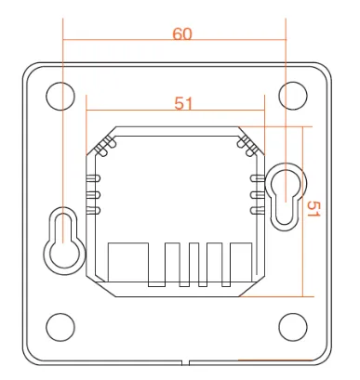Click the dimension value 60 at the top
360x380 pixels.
point(182,33)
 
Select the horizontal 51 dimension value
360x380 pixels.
point(182,103)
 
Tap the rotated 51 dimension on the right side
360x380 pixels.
point(313,210)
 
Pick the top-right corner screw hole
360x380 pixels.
point(293,94)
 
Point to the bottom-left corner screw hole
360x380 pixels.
point(60,326)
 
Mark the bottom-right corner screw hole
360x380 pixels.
point(293,326)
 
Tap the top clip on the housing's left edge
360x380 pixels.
point(93,177)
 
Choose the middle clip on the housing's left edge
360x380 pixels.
point(93,194)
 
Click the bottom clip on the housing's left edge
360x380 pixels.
point(93,211)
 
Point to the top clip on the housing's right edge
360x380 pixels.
point(255,177)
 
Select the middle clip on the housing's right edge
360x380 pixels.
point(255,194)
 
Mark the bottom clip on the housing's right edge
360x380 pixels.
point(255,211)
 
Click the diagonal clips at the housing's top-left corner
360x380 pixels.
point(102,144)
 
